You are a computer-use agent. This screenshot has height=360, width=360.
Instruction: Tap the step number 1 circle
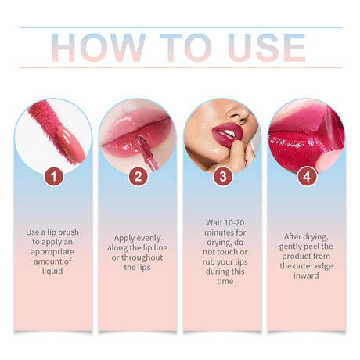52,177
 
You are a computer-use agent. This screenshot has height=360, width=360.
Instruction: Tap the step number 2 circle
138,177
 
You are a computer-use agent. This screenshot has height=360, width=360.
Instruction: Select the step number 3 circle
222,177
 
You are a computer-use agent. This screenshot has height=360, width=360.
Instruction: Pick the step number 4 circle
307,177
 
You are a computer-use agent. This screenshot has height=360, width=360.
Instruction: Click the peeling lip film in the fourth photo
332,129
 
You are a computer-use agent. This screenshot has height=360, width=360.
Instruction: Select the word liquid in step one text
52,271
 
